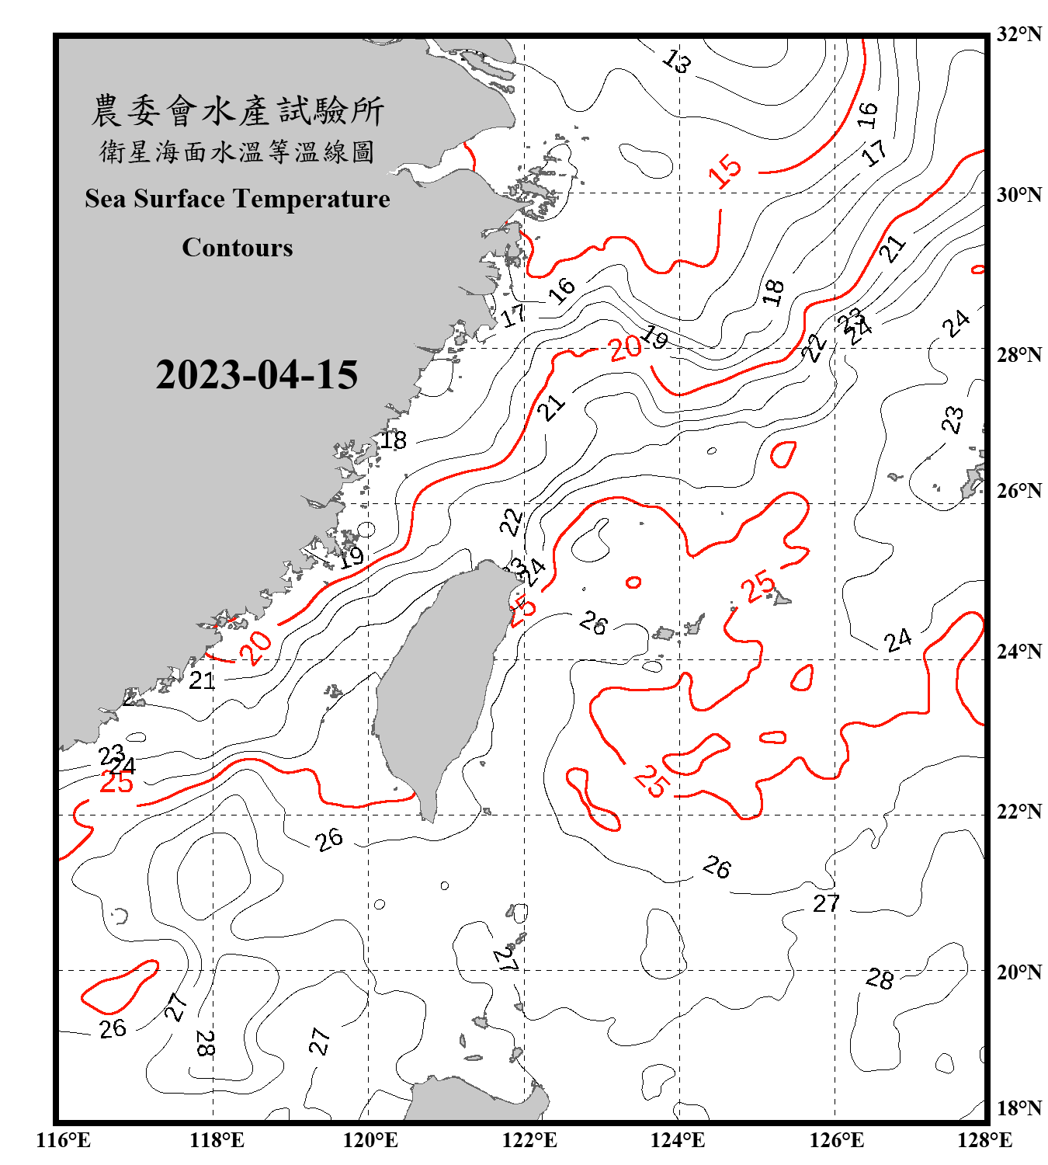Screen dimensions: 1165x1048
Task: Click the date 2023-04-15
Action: pos(256,374)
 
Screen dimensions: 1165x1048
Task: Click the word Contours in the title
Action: pos(238,247)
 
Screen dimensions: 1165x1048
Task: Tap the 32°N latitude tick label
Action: pos(1019,34)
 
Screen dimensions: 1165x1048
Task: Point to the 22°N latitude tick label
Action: pos(1019,812)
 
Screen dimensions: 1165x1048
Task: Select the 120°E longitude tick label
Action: pos(370,1140)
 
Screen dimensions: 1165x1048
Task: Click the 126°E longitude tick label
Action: pos(837,1140)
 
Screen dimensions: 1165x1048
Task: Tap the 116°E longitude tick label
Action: pos(64,1140)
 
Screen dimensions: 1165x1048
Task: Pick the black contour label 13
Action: pos(677,61)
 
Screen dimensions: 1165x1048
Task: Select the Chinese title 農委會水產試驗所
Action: pos(238,110)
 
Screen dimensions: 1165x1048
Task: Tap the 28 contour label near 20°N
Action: pos(880,979)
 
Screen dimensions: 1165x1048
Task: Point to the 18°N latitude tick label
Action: pos(1019,1108)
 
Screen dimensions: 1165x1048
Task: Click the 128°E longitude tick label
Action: pos(984,1140)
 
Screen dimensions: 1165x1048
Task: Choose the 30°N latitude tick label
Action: pos(1019,195)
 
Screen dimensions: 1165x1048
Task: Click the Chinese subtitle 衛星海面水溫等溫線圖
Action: pos(238,151)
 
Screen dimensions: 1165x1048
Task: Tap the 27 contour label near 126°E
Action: pos(826,903)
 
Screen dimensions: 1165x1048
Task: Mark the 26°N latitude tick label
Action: pos(1019,491)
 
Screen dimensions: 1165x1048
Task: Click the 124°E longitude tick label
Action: pos(678,1140)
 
